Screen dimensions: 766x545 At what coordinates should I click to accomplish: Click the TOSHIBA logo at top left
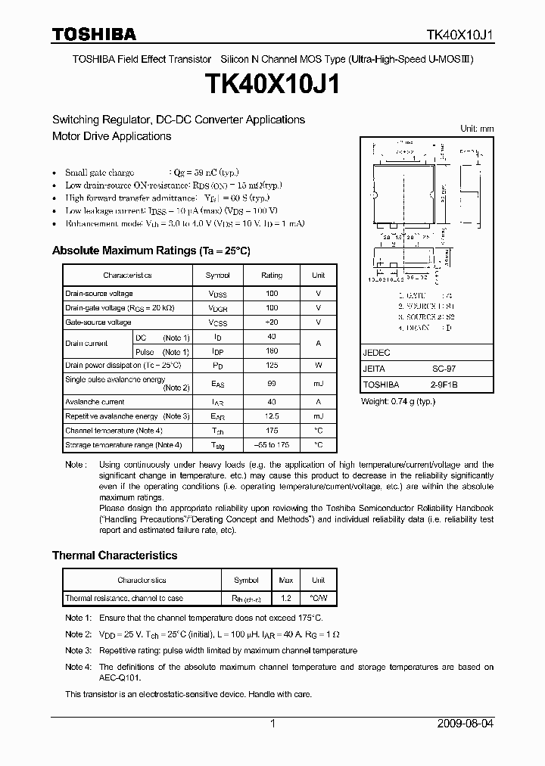click(94, 34)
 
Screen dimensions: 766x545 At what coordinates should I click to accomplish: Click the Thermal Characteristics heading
click(114, 555)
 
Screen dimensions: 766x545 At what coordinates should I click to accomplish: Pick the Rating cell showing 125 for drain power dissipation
click(272, 365)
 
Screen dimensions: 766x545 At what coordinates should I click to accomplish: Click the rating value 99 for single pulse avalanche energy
click(272, 384)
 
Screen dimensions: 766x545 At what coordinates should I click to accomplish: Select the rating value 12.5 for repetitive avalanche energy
click(272, 416)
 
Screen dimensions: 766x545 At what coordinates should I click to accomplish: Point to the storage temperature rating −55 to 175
click(272, 445)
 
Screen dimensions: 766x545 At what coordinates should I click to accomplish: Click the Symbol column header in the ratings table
click(218, 276)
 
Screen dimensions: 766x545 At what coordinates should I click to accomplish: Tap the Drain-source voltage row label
click(99, 294)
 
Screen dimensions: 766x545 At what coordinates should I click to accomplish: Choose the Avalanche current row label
click(95, 402)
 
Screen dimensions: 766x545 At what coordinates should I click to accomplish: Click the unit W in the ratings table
click(319, 365)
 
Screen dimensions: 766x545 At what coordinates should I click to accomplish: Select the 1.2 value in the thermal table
click(286, 598)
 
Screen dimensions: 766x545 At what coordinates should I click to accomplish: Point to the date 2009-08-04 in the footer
click(466, 724)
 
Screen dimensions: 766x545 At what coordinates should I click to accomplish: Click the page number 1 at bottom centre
click(272, 724)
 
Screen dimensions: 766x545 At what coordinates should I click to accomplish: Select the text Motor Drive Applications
click(111, 136)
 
